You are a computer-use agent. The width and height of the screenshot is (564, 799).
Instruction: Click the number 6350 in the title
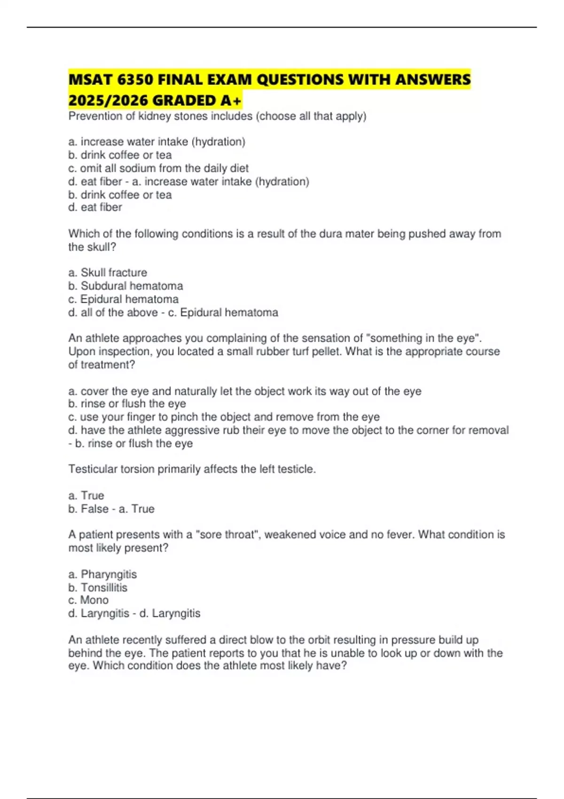[x=135, y=80]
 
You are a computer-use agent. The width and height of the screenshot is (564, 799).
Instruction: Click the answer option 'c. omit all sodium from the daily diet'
[x=158, y=168]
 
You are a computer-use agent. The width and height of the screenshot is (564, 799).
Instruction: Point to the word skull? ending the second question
[x=99, y=247]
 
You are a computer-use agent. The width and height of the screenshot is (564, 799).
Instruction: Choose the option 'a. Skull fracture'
[x=108, y=273]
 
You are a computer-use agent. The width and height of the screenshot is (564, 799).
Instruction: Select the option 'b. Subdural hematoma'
[x=125, y=286]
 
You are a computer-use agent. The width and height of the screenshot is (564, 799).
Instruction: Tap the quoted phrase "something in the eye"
[x=423, y=338]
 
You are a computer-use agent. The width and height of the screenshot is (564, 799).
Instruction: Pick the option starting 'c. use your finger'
[x=224, y=417]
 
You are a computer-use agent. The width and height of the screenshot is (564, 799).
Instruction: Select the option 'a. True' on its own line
[x=86, y=495]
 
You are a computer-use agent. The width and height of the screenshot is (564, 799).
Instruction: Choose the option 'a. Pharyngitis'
[x=102, y=574]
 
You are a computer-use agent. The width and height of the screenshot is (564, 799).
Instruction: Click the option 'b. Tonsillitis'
[x=98, y=587]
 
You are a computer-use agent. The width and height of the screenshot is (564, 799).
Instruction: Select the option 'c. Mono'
[x=88, y=600]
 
